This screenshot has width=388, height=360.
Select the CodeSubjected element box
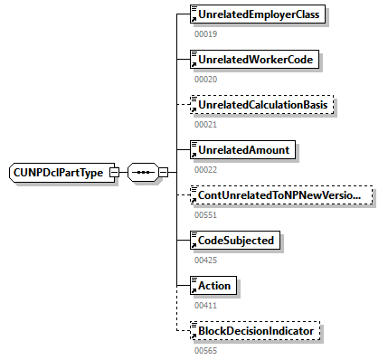click(x=238, y=241)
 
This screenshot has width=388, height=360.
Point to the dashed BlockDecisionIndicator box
click(x=255, y=331)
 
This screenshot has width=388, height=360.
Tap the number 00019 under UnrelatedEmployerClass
click(x=205, y=33)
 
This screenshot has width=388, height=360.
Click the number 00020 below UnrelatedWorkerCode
click(x=205, y=79)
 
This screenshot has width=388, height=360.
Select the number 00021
click(x=205, y=124)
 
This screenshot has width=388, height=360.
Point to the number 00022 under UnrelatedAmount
click(x=205, y=169)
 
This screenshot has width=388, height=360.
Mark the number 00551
click(x=205, y=214)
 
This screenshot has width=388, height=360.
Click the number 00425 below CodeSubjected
click(x=205, y=260)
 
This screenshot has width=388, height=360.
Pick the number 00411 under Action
click(x=205, y=305)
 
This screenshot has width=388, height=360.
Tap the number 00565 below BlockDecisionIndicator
click(x=205, y=350)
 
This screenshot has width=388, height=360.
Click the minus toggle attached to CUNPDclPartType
click(x=114, y=172)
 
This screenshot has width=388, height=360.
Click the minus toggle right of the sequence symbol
click(x=164, y=172)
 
